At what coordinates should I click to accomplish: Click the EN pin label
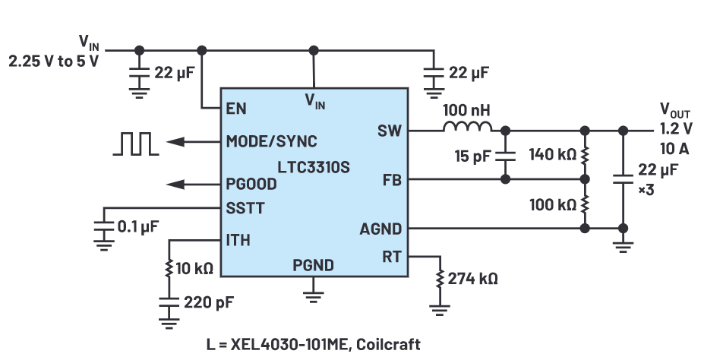pyautogui.click(x=235, y=108)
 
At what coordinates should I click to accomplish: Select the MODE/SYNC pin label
pyautogui.click(x=271, y=141)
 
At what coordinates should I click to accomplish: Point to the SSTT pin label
pyautogui.click(x=244, y=207)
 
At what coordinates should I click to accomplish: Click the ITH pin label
pyautogui.click(x=238, y=241)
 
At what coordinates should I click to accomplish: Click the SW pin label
pyautogui.click(x=388, y=131)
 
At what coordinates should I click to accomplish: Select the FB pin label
pyautogui.click(x=391, y=180)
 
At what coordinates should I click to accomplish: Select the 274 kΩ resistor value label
pyautogui.click(x=472, y=279)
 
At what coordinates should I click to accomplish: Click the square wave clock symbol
pyautogui.click(x=136, y=143)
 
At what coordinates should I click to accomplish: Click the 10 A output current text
pyautogui.click(x=674, y=147)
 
